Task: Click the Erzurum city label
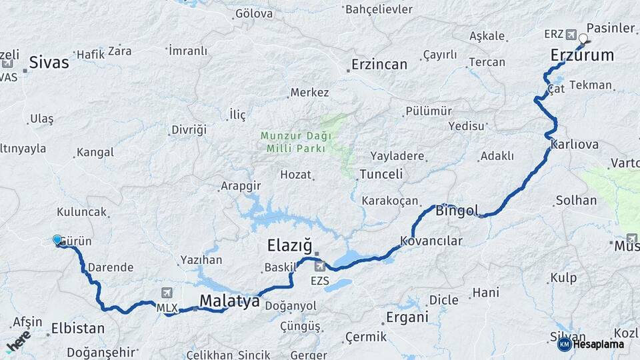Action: pyautogui.click(x=582, y=55)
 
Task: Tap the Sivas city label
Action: pyautogui.click(x=49, y=63)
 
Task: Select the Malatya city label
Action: pyautogui.click(x=229, y=301)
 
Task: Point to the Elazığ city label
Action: pyautogui.click(x=289, y=245)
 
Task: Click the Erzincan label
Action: pyautogui.click(x=379, y=65)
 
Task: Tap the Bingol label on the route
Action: pyautogui.click(x=457, y=211)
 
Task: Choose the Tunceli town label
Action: pyautogui.click(x=381, y=175)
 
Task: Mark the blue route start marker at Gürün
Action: pyautogui.click(x=57, y=240)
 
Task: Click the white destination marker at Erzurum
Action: pyautogui.click(x=583, y=39)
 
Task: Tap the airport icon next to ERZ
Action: pyautogui.click(x=571, y=34)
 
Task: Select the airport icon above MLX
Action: pyautogui.click(x=166, y=292)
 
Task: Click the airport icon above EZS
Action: pyautogui.click(x=319, y=267)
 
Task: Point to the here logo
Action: pyautogui.click(x=18, y=341)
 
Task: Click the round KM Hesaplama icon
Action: pyautogui.click(x=564, y=344)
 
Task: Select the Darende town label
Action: pyautogui.click(x=111, y=267)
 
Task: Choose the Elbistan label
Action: pyautogui.click(x=78, y=328)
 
